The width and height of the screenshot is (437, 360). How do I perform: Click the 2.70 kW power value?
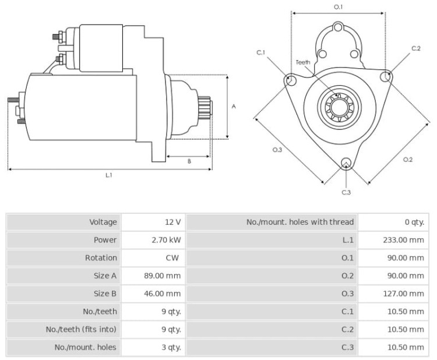click(x=166, y=240)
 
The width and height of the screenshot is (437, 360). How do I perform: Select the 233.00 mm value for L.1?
click(x=403, y=240)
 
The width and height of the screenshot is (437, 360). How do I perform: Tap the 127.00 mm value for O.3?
click(x=403, y=294)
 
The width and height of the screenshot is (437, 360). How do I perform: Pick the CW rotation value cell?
click(x=172, y=257)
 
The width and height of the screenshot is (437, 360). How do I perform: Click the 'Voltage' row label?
click(x=103, y=222)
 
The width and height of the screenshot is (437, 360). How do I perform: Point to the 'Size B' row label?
click(x=105, y=294)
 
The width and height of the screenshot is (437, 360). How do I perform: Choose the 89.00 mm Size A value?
click(x=162, y=276)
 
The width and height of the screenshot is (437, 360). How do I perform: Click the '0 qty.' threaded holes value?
click(x=414, y=222)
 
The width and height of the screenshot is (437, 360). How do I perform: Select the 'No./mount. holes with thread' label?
click(x=300, y=222)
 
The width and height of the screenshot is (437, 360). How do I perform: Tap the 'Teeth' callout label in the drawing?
click(x=302, y=62)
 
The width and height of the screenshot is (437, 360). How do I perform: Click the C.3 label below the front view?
click(x=346, y=192)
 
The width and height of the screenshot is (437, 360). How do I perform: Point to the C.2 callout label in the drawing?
click(x=416, y=48)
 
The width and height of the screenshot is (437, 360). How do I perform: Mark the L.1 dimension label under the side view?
click(x=109, y=175)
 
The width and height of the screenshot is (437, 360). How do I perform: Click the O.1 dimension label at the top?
click(x=339, y=6)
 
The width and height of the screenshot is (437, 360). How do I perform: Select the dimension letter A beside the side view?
click(x=234, y=107)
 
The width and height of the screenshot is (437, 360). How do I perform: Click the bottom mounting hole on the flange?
click(x=346, y=163)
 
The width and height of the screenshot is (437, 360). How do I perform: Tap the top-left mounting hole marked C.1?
click(x=290, y=80)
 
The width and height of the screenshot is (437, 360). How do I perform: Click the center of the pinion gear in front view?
click(x=339, y=108)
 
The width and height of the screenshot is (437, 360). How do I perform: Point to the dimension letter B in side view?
click(x=189, y=161)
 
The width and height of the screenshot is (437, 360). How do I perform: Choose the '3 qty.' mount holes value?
click(x=171, y=347)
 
